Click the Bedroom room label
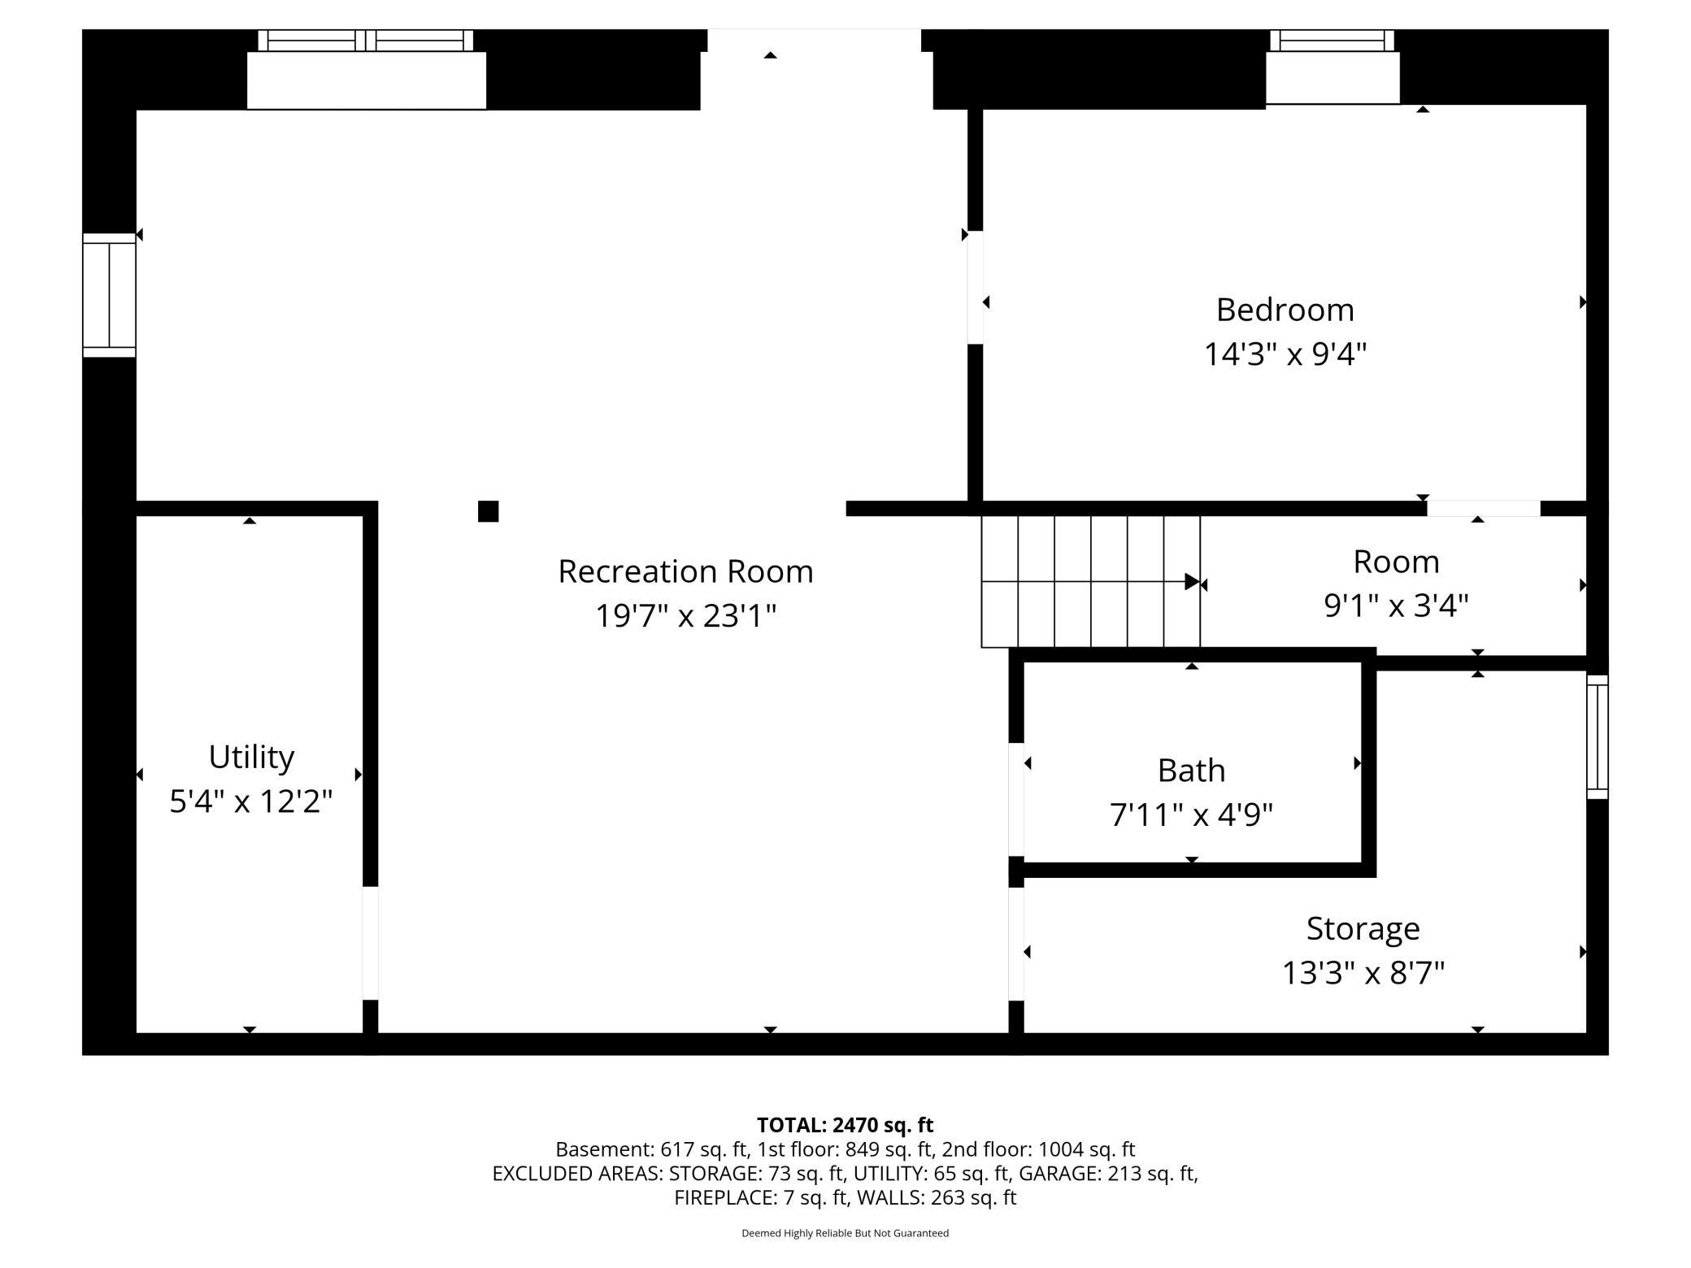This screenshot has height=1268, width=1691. pos(1285,310)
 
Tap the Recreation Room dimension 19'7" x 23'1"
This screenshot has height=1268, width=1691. pos(685,615)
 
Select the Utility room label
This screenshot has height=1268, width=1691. pos(251,757)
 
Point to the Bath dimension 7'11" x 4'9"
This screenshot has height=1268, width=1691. pos(1191,814)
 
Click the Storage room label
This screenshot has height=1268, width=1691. pos(1363,928)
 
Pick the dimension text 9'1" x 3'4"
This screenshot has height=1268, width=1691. pos(1396,606)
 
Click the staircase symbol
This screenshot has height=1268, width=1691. pos(1091,581)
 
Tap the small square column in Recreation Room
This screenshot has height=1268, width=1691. pos(488,511)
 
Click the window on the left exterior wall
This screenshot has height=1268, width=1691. pos(109,295)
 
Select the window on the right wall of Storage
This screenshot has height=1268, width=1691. pos(1598,736)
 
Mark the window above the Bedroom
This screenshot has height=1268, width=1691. pos(1332,41)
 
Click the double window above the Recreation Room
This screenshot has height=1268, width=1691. pos(366,41)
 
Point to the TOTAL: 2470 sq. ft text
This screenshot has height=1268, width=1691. pos(845,1125)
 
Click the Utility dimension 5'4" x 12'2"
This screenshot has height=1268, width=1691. pos(251,801)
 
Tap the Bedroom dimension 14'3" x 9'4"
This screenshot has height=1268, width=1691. pos(1285,354)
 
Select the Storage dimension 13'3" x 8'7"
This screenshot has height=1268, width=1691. pos(1363,973)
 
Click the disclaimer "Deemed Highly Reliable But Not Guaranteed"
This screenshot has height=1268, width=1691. pos(845,1233)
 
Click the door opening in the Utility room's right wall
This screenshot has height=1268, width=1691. pos(370,943)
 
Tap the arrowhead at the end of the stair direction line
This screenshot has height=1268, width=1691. pos(1193,581)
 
